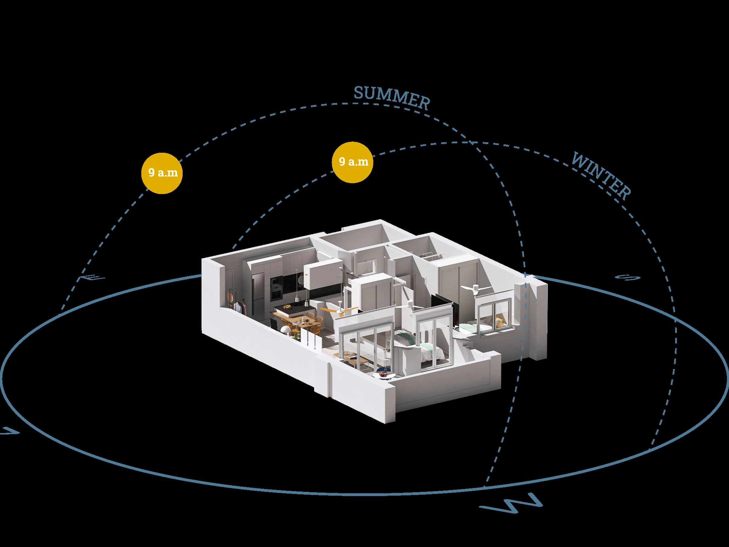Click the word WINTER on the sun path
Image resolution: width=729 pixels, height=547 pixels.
pyautogui.click(x=601, y=175)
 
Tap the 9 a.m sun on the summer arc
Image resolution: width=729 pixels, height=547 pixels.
pyautogui.click(x=162, y=173)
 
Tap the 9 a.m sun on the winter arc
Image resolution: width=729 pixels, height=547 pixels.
pyautogui.click(x=352, y=162)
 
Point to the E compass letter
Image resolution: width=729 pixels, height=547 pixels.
pyautogui.click(x=93, y=278)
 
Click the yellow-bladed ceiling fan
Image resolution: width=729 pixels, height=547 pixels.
pyautogui.click(x=340, y=309)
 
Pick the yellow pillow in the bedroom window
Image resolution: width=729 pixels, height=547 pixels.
pyautogui.click(x=500, y=321)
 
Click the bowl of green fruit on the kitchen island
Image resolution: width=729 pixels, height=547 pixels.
pyautogui.click(x=287, y=307)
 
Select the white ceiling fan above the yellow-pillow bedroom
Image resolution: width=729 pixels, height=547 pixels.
pyautogui.click(x=474, y=288)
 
